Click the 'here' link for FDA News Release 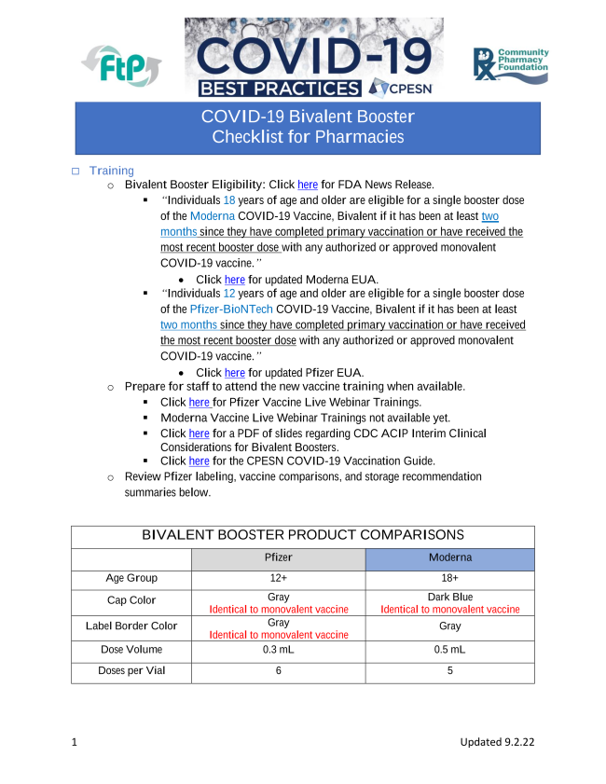tap(308, 185)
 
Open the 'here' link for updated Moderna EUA tap(234, 279)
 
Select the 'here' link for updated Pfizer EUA tap(234, 373)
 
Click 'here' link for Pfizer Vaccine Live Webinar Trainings tap(199, 402)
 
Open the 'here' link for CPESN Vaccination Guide tap(199, 461)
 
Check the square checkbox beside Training tap(76, 171)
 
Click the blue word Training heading tap(112, 171)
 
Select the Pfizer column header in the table tap(278, 557)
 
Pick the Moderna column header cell tap(449, 557)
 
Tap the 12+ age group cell tap(278, 578)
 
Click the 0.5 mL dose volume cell tap(449, 649)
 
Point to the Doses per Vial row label tap(131, 670)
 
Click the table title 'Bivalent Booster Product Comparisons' tap(302, 535)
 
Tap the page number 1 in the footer tap(75, 742)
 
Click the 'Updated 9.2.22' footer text tap(497, 742)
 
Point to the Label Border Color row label tap(131, 626)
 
